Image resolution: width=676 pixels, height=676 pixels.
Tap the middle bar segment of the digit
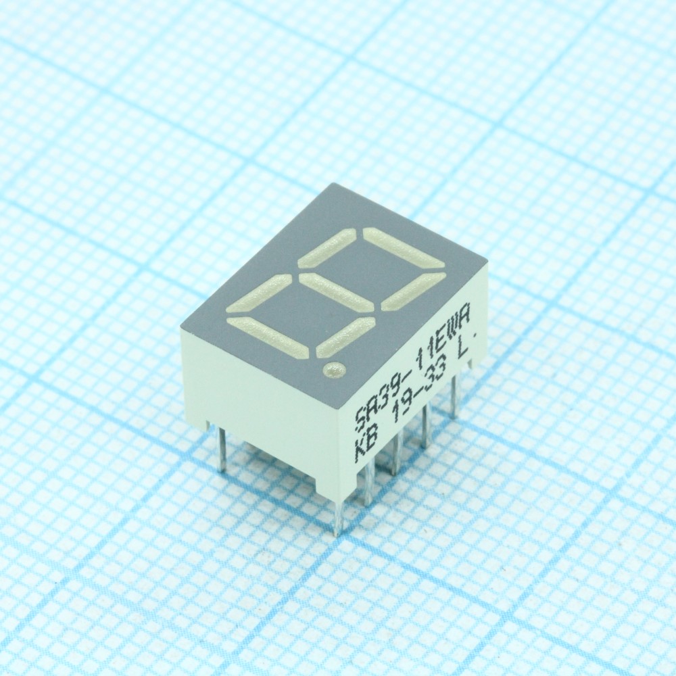tap(335, 292)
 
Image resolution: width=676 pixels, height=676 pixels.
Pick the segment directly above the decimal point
tap(345, 337)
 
